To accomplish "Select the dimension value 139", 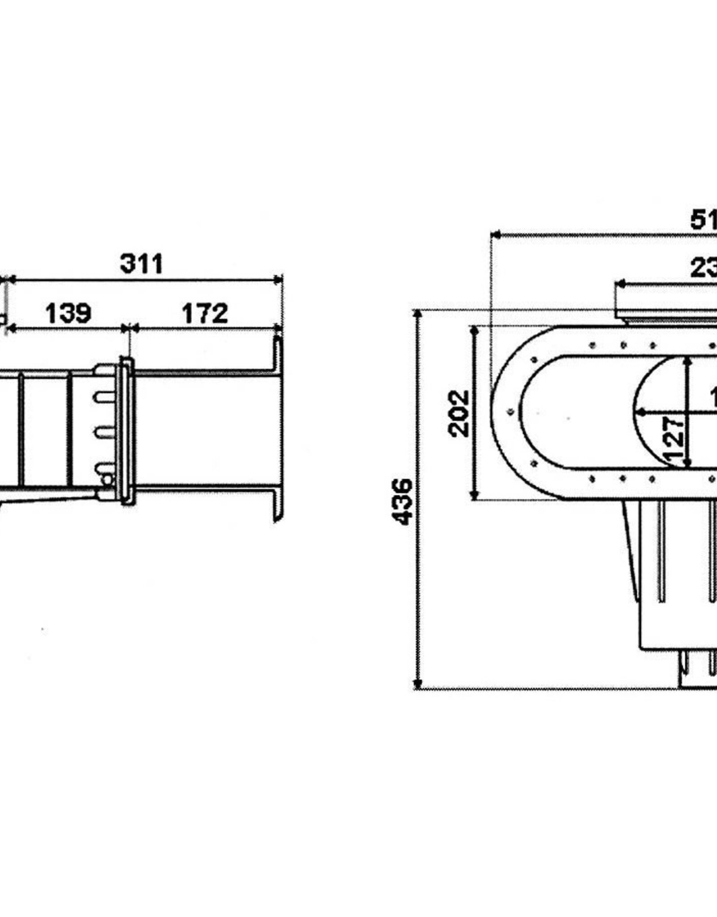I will pos(68,313).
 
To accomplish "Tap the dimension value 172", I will pos(205,313).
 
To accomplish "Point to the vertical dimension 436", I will pos(402,501).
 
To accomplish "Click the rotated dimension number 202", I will pos(458,413).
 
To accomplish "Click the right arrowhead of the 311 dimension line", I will pos(279,280).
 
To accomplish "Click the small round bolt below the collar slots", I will pos(107,480).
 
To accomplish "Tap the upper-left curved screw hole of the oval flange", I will pos(534,360).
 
